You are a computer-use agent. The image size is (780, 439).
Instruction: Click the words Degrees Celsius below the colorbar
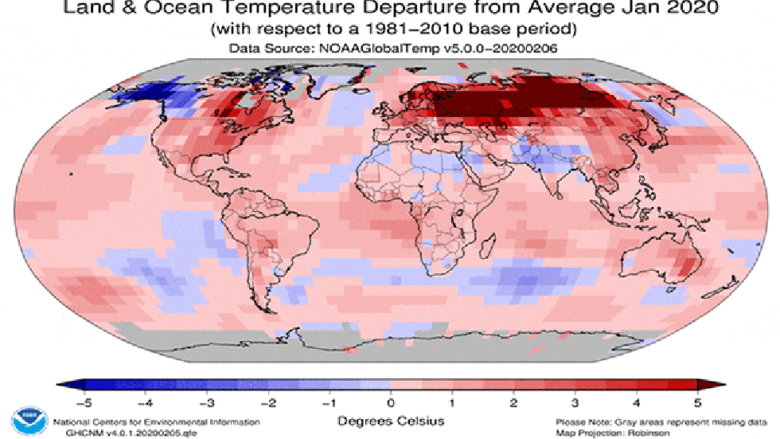(390, 420)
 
